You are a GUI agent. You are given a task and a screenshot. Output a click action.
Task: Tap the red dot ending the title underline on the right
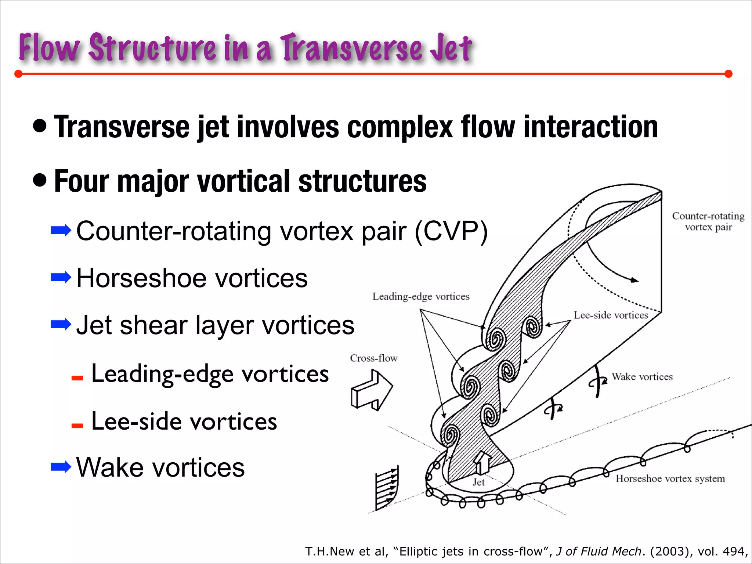tap(728, 74)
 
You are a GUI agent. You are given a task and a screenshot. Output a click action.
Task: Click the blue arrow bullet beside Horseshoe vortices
tap(61, 277)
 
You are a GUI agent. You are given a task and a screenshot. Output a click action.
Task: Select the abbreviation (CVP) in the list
tap(451, 231)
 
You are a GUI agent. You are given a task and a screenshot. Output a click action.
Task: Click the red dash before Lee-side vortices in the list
tap(77, 426)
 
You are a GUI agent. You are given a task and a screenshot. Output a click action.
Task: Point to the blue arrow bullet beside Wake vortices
tap(61, 467)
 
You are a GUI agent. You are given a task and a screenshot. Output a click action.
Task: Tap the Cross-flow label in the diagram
tap(373, 358)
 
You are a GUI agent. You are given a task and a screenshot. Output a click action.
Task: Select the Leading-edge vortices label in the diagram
tap(421, 296)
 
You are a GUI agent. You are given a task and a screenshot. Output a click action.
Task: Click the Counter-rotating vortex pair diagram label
tap(708, 221)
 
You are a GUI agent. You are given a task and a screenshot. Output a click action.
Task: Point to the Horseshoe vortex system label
tap(670, 478)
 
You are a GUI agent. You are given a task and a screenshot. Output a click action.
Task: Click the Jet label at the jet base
tap(478, 482)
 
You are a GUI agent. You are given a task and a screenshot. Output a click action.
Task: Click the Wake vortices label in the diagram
tap(642, 377)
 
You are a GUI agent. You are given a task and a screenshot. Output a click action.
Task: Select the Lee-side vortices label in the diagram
tap(611, 315)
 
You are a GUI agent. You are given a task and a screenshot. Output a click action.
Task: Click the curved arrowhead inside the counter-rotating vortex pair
tap(634, 280)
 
